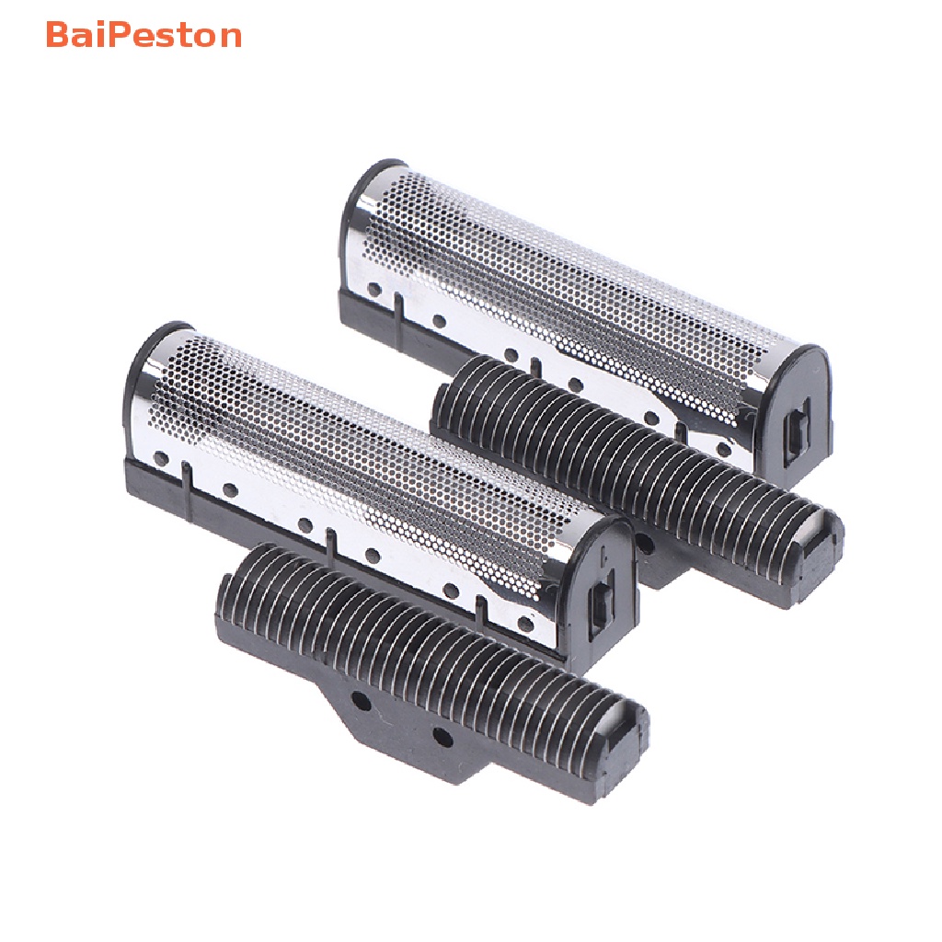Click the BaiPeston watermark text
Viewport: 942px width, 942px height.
(x=144, y=36)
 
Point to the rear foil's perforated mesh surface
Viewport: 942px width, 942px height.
(x=570, y=276)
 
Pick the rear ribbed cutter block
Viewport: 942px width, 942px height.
(x=635, y=469)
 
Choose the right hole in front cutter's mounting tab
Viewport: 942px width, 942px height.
(x=442, y=736)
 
